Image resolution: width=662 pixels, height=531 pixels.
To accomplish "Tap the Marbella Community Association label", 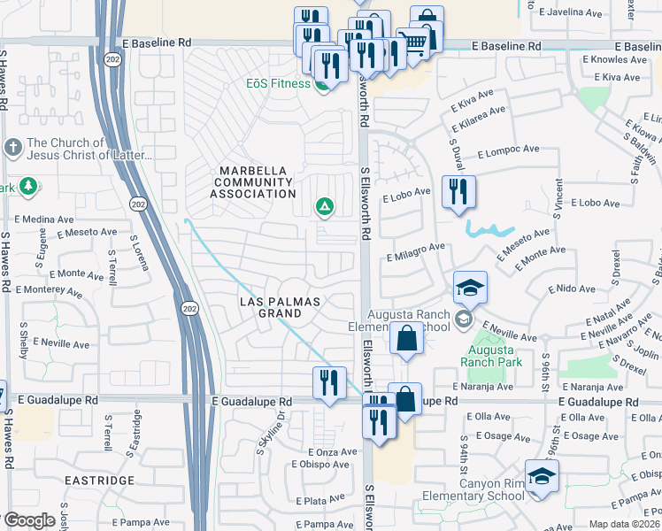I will [x=253, y=181].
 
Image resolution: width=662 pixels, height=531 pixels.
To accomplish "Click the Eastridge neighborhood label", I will [x=99, y=481].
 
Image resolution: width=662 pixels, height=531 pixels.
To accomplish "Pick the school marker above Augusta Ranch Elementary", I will [x=470, y=288].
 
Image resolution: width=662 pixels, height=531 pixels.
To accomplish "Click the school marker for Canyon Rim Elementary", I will [x=542, y=476].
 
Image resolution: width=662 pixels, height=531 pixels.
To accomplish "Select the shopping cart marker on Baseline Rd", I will [x=412, y=42].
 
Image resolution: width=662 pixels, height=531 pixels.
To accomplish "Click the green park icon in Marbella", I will [x=325, y=207].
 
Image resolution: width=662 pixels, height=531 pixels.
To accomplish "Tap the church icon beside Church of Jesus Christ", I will [x=13, y=148].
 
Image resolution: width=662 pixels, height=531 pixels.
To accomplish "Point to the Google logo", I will [x=29, y=520].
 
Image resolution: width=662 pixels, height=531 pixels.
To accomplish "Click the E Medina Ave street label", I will [x=43, y=219].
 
